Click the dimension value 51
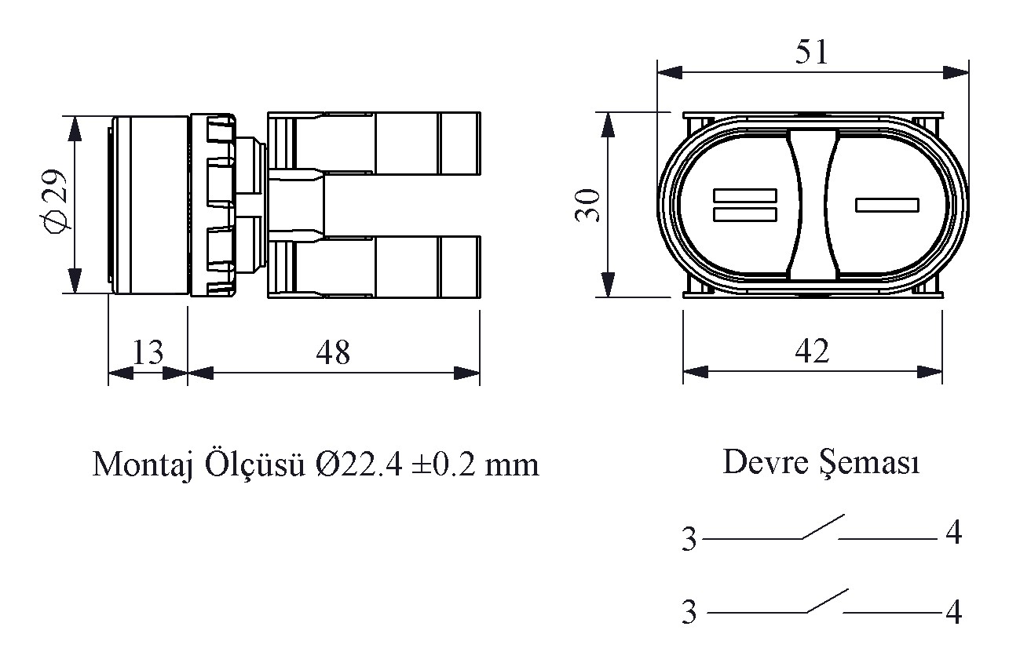811,53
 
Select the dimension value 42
812,352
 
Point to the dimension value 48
333,352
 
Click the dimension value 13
148,352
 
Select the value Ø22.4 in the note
359,464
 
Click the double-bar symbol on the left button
745,206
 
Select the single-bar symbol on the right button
887,206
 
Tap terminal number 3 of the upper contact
689,539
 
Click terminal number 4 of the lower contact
953,612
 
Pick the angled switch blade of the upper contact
823,526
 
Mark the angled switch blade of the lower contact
828,601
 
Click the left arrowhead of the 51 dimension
670,72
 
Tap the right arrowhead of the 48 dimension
467,373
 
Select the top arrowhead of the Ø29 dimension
75,129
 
